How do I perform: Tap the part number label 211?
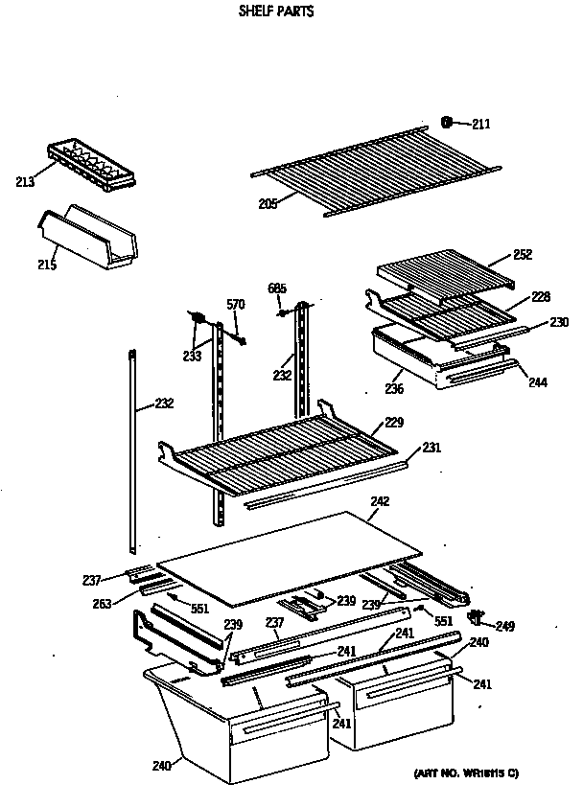[x=480, y=123]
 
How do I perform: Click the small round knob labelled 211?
[x=447, y=121]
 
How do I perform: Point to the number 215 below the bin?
[x=46, y=265]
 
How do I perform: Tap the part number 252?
[x=523, y=254]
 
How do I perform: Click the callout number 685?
[x=277, y=288]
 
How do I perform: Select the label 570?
[x=236, y=305]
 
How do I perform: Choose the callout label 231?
[x=431, y=447]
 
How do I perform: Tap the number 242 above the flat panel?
[x=380, y=500]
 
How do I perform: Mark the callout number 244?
[x=537, y=381]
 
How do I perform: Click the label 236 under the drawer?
[x=394, y=389]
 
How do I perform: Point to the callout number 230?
[x=559, y=322]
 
